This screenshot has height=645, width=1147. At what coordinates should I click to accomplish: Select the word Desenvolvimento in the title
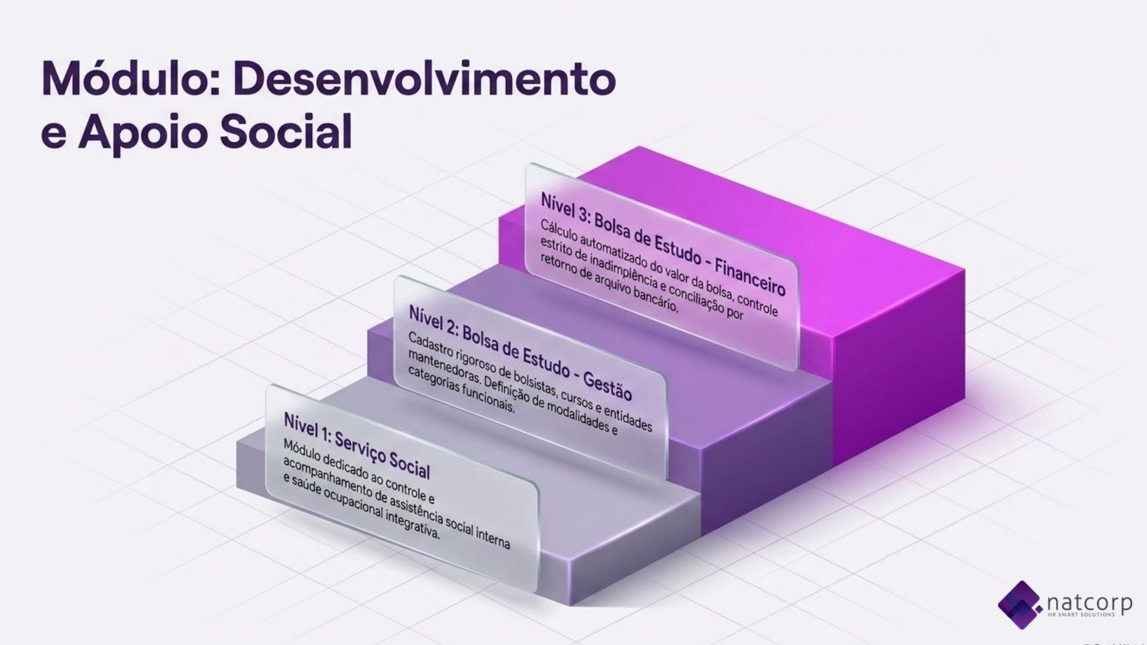425,79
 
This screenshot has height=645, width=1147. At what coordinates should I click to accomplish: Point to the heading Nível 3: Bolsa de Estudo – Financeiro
663,244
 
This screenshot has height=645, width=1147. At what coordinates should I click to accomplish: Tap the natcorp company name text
1089,602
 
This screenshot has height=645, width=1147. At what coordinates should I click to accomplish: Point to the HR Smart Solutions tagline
1081,615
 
